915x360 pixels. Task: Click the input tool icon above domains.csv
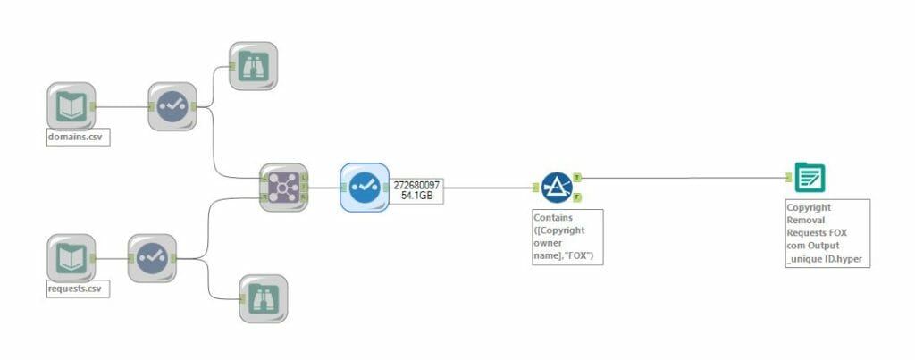[x=71, y=107]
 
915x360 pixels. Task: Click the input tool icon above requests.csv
[x=71, y=258]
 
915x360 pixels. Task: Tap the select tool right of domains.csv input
[x=171, y=107]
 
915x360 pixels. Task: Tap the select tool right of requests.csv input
[x=151, y=258]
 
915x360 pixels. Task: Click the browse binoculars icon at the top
[x=253, y=65]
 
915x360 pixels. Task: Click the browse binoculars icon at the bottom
[x=263, y=298]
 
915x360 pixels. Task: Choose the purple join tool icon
[x=283, y=187]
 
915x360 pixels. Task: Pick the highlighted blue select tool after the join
[x=364, y=187]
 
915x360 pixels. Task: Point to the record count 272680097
[x=417, y=184]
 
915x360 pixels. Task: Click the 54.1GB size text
[x=417, y=196]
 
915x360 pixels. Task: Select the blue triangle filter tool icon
[x=557, y=187]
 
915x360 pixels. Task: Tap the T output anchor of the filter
[x=577, y=177]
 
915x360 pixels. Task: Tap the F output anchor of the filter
[x=577, y=197]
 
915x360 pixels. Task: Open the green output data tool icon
[x=811, y=177]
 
